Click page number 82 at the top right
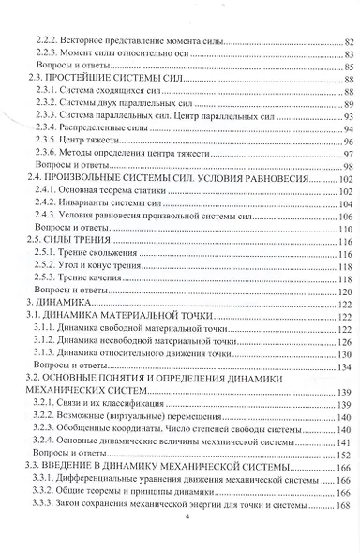click(346, 42)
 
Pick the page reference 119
click(344, 267)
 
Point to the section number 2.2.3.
click(45, 55)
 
